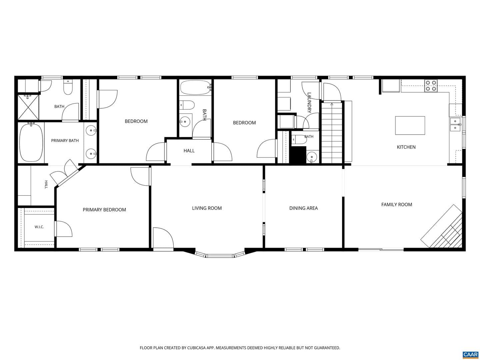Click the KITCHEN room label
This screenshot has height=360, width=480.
pos(406,147)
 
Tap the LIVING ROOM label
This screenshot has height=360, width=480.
pos(207,208)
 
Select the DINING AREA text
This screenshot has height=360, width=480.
pos(304,208)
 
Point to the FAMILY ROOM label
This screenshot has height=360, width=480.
pos(397,205)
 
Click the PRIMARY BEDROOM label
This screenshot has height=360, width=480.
pos(104,210)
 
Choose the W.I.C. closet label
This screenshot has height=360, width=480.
pos(39,227)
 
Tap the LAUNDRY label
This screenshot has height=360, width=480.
pos(309,103)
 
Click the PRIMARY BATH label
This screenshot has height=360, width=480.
pos(65,141)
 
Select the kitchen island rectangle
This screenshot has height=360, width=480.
pos(410,125)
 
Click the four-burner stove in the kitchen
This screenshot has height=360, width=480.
pos(431,86)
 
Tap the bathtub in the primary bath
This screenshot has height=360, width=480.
pos(31,142)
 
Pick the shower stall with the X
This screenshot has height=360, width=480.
pos(28,107)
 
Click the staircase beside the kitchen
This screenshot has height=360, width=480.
pos(332,133)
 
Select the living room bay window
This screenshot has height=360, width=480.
pos(220,254)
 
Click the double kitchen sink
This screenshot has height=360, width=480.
pos(455,124)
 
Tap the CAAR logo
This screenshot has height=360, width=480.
pos(470,354)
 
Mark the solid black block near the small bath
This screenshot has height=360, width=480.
pos(298,155)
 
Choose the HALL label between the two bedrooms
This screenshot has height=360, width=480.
pos(189,151)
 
